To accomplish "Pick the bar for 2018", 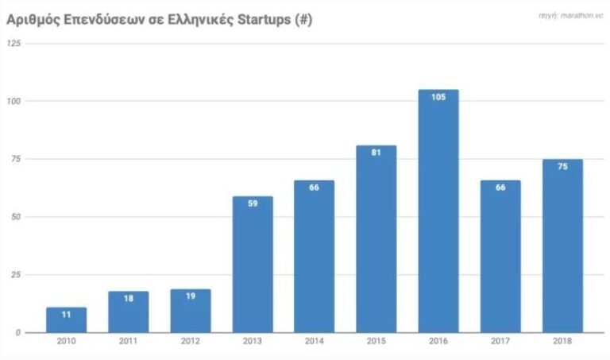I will click(x=562, y=246).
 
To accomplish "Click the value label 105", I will click(x=438, y=98).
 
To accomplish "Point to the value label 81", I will click(x=376, y=153).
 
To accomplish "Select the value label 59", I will click(x=253, y=204).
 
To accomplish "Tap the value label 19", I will click(x=191, y=296).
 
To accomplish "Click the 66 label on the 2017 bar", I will click(x=500, y=188).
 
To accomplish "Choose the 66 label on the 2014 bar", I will click(x=315, y=188).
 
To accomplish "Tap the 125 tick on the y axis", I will click(x=14, y=43).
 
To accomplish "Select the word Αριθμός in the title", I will click(x=33, y=20).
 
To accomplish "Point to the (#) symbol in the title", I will click(x=303, y=20).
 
